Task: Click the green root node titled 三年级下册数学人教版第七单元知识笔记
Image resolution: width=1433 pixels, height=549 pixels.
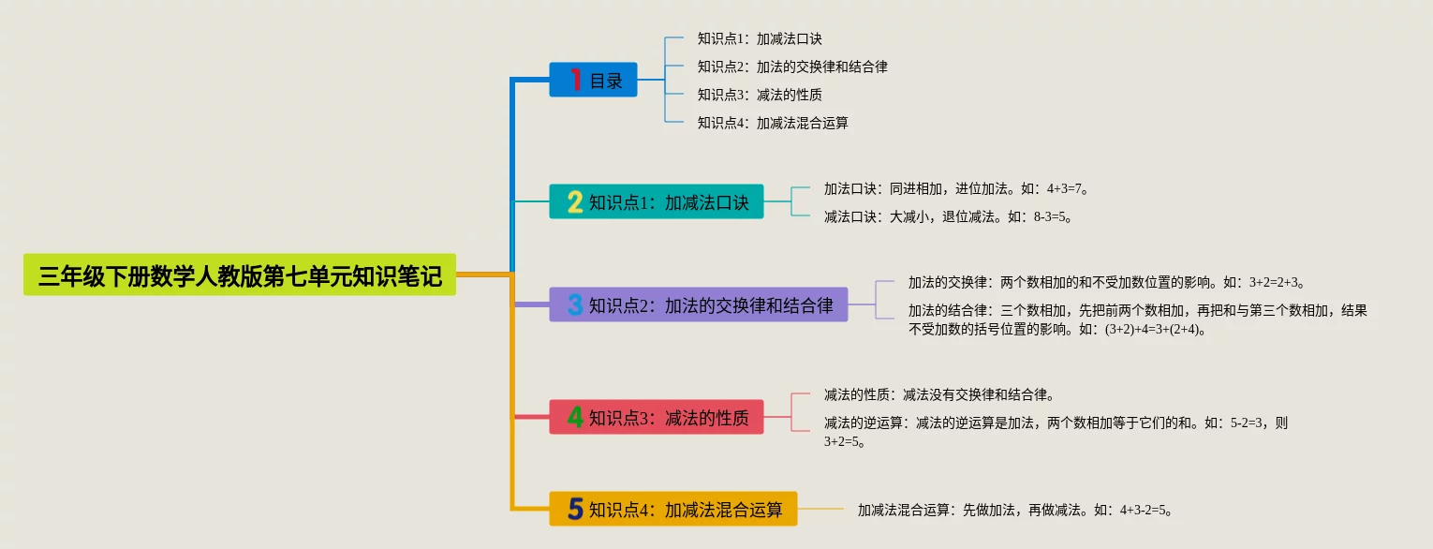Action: click(x=240, y=274)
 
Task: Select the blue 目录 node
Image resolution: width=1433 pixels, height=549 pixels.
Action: click(x=593, y=80)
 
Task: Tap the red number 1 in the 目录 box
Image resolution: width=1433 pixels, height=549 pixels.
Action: click(x=576, y=80)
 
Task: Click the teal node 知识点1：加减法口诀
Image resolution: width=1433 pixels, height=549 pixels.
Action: click(x=657, y=201)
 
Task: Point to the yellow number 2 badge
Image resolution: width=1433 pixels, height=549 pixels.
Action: click(x=575, y=201)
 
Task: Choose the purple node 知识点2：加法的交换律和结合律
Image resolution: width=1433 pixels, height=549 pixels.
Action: click(x=699, y=304)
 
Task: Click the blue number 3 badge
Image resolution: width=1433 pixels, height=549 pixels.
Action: click(x=575, y=304)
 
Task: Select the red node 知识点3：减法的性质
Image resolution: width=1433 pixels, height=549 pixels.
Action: click(x=657, y=417)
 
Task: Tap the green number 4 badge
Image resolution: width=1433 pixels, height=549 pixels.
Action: click(x=575, y=417)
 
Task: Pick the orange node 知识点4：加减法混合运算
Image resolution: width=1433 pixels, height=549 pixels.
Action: click(x=673, y=509)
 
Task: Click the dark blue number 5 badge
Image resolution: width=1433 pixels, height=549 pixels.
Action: click(x=575, y=509)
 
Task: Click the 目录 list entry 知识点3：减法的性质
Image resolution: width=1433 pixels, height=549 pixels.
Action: click(x=760, y=95)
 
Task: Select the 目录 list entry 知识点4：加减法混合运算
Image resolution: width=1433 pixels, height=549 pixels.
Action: click(x=773, y=123)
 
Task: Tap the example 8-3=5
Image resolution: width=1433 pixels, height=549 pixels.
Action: click(x=1052, y=216)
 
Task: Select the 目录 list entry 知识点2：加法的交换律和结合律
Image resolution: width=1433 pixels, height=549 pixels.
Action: click(x=792, y=67)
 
